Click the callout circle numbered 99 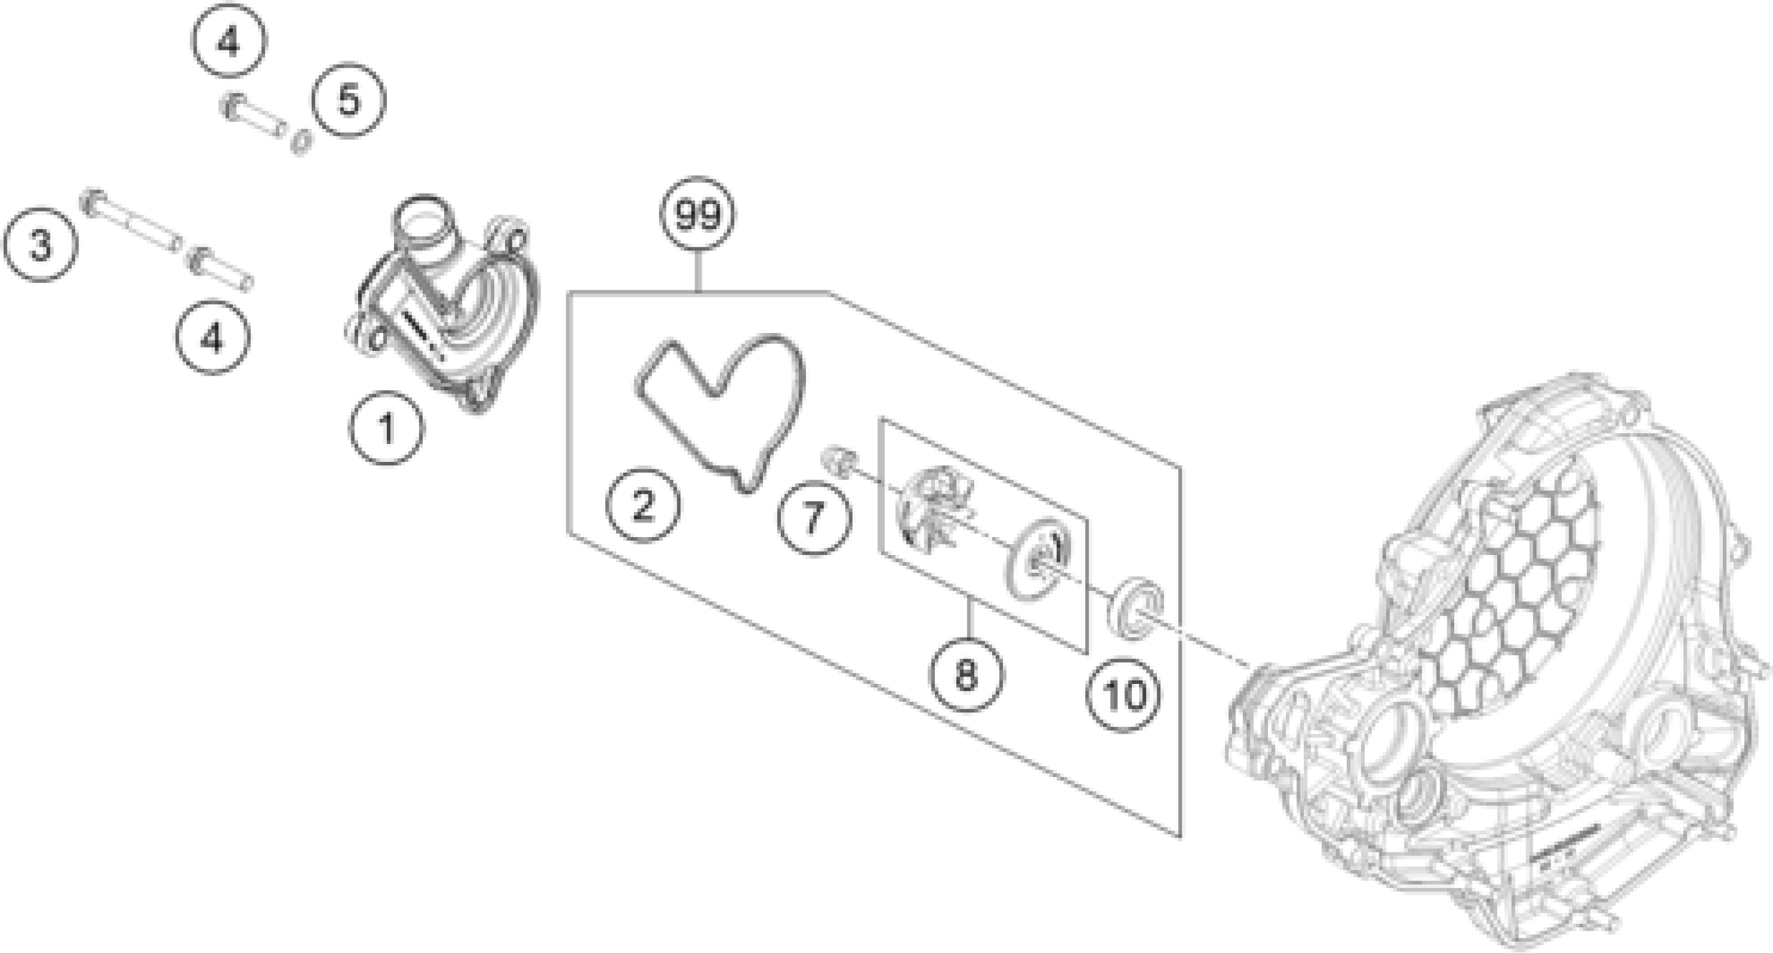click(x=697, y=215)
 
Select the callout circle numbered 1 click(x=386, y=428)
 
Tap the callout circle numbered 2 click(x=643, y=506)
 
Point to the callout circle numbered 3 click(x=40, y=244)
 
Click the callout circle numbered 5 click(x=349, y=100)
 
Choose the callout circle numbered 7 click(x=813, y=517)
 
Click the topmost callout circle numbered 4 click(x=228, y=42)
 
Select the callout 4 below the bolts click(x=212, y=338)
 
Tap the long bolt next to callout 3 click(x=131, y=220)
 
